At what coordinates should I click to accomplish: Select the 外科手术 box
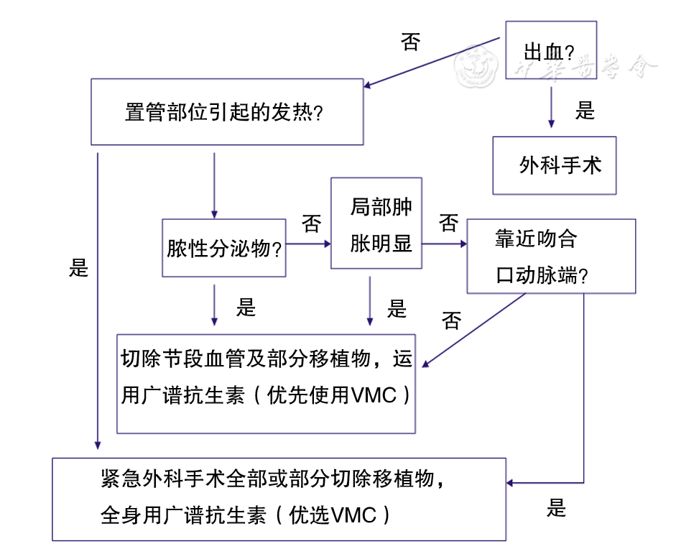coord(554,165)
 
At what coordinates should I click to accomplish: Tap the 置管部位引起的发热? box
coord(226,112)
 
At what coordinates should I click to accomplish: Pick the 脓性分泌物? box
coord(223,248)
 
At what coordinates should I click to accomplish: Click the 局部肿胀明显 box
coord(375,223)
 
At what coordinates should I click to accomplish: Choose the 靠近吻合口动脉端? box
coord(550,256)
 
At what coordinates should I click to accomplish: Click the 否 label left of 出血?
coord(410,43)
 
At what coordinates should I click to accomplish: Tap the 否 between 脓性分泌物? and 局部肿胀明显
coord(311,225)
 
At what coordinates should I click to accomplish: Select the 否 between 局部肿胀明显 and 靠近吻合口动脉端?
coord(448,223)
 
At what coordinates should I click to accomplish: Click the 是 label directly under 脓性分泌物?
coord(246,308)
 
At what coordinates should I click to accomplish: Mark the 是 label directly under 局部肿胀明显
coord(397,309)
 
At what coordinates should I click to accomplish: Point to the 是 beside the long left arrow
coord(78,268)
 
